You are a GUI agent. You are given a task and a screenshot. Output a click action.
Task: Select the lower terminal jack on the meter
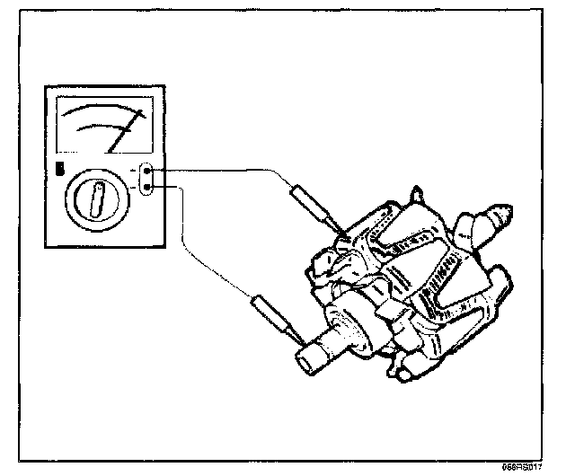tap(148, 187)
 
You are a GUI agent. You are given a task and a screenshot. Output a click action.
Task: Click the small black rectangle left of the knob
tap(60, 167)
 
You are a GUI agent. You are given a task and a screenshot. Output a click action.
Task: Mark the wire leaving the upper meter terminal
tap(225, 170)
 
